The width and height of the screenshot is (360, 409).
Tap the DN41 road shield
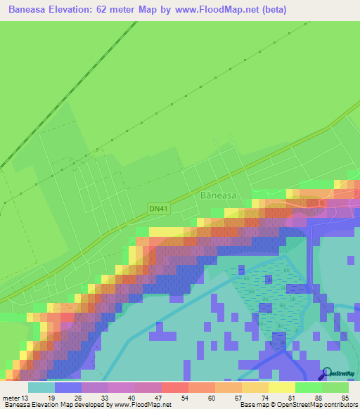pos(158,208)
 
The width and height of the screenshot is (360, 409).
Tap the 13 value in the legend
pos(25,398)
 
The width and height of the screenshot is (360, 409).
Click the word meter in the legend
pos(11,398)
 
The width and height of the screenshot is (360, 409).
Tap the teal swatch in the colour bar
pos(41,387)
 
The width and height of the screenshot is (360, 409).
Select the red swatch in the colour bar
pos(175,387)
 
